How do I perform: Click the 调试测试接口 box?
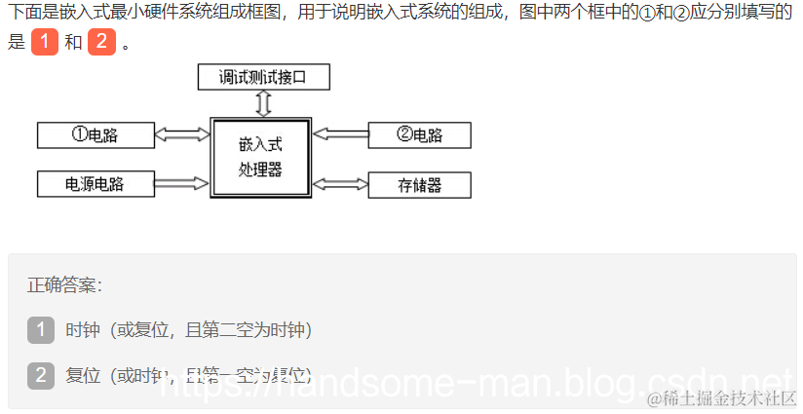click(x=263, y=76)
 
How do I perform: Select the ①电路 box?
click(x=95, y=135)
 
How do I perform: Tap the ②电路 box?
click(x=419, y=135)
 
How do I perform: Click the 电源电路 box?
click(x=95, y=183)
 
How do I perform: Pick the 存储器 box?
click(x=419, y=185)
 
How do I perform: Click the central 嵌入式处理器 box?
click(x=260, y=158)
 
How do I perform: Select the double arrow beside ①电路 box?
click(x=182, y=135)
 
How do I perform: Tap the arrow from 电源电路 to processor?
click(x=182, y=182)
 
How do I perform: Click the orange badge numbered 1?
click(x=45, y=43)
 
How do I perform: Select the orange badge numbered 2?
click(x=102, y=43)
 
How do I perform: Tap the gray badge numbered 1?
click(x=41, y=330)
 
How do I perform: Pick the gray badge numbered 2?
click(x=41, y=375)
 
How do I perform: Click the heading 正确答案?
click(x=64, y=285)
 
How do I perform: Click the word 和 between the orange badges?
click(x=73, y=44)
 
